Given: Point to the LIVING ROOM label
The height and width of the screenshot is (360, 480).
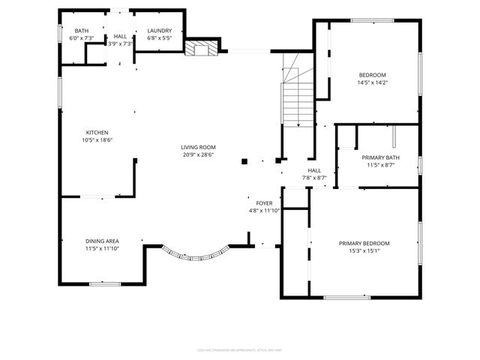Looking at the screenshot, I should [x=198, y=147].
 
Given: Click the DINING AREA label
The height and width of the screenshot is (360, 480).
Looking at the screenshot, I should [x=101, y=241].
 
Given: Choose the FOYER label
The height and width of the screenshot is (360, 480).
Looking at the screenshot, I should [x=264, y=203].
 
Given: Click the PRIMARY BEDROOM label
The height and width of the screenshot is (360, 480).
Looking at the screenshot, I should [x=364, y=244].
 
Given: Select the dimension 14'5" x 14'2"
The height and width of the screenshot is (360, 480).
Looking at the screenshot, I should [x=372, y=82].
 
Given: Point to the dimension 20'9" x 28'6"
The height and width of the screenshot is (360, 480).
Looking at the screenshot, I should [x=198, y=154].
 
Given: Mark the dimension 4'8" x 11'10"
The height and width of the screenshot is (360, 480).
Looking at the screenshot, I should [x=264, y=211].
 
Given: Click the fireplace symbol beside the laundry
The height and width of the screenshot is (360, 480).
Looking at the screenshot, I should [x=200, y=49].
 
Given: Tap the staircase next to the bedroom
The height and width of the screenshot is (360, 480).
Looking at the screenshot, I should [x=297, y=97].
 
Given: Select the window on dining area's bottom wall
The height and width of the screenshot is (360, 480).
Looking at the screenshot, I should [x=105, y=283].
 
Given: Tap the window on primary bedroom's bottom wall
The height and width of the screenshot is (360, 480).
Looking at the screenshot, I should [x=346, y=297].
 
